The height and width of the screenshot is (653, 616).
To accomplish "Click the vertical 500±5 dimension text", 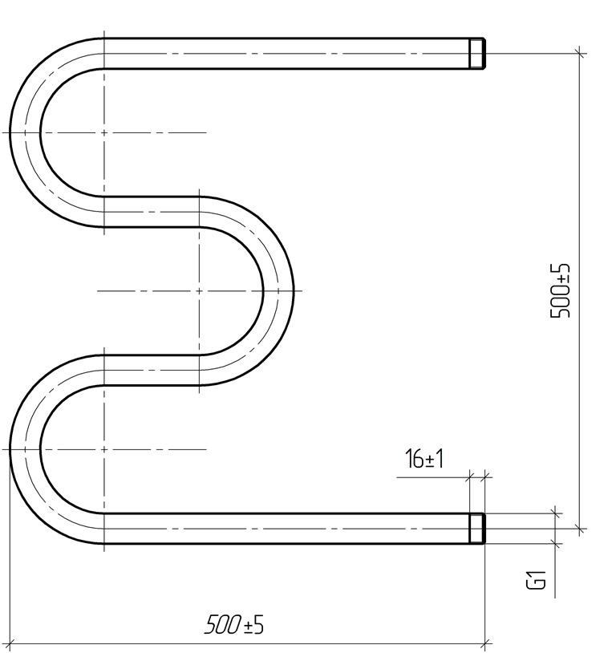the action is click(x=559, y=290).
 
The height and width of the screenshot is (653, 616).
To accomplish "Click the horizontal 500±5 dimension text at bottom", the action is click(x=234, y=624).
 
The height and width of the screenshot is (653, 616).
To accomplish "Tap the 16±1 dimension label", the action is click(x=424, y=459).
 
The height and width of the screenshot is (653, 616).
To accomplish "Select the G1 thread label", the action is click(x=536, y=580).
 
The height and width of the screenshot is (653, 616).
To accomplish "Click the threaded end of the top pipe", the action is click(x=477, y=53).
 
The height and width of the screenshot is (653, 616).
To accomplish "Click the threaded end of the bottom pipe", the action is click(x=477, y=529).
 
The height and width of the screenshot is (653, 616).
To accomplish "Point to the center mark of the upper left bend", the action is click(x=103, y=132).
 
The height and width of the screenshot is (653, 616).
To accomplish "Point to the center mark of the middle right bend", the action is click(x=199, y=290).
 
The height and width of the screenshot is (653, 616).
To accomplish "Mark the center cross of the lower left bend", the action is click(x=103, y=449).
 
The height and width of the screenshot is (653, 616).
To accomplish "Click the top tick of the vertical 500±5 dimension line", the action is click(x=580, y=53).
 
